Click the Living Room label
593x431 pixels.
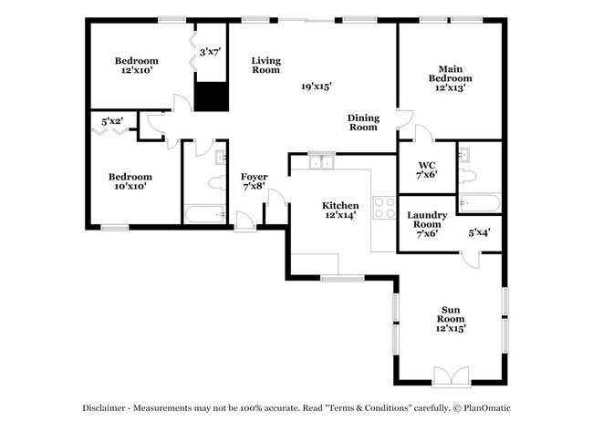(x=265, y=65)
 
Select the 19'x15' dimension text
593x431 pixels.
(x=317, y=87)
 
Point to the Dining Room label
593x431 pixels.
(x=362, y=122)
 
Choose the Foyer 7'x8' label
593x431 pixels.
(x=254, y=180)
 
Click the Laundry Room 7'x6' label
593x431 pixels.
(x=426, y=224)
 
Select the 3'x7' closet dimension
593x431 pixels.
(x=212, y=52)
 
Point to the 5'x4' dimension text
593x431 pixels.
(x=480, y=232)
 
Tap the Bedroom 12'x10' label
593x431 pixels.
(x=136, y=65)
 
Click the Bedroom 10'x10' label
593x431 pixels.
(x=129, y=180)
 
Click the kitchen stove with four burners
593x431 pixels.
(x=384, y=206)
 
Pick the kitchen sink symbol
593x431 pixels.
(x=320, y=162)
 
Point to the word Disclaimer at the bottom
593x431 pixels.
(x=105, y=408)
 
